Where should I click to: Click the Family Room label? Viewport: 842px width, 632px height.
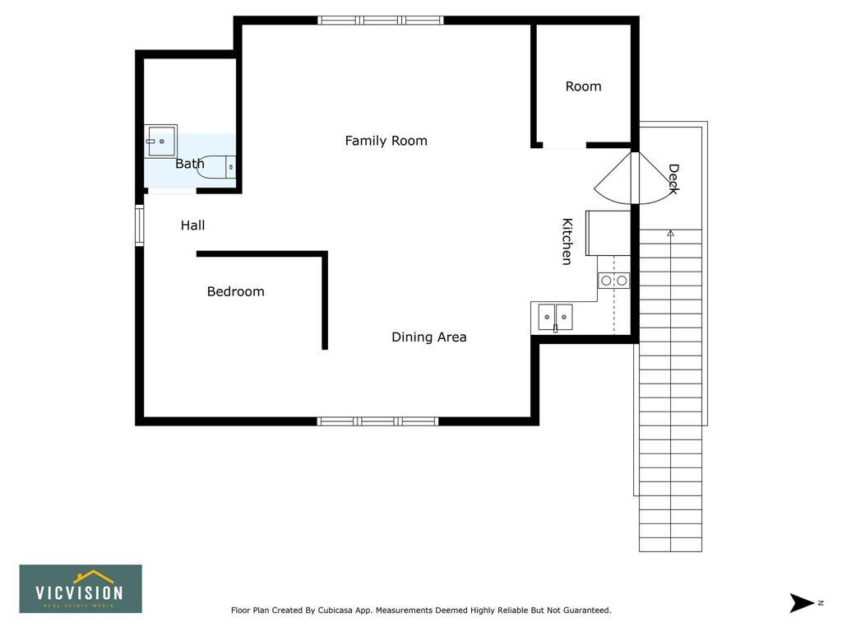pos(386,141)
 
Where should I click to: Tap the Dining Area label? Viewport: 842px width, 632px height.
pos(429,337)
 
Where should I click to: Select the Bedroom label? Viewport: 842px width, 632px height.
pos(236,291)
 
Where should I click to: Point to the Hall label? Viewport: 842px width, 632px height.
pos(192,225)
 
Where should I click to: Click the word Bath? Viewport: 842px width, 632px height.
pos(190,164)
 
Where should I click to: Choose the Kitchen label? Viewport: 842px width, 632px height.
pos(567,241)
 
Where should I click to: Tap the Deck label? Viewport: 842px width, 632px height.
pos(673,179)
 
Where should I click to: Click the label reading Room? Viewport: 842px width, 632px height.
pos(583,86)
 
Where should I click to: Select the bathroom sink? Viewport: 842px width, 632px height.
pos(160,141)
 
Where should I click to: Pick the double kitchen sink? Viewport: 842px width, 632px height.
pos(555,317)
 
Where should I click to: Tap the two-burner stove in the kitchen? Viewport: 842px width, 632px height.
pos(613,280)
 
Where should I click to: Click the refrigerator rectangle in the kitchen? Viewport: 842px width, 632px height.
pos(608,233)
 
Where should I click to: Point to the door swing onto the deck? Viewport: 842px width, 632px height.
pos(635,179)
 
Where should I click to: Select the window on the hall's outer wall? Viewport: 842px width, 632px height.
pos(140,225)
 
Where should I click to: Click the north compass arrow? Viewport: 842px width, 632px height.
pos(802,602)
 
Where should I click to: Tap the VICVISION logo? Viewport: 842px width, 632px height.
pos(81,588)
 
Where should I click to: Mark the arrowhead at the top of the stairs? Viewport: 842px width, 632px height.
pos(671,233)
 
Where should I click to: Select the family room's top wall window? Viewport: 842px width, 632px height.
pos(380,21)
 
